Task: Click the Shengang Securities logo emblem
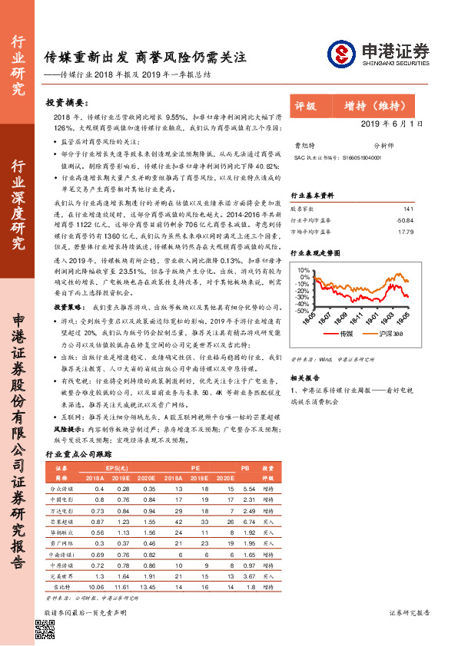pos(340,53)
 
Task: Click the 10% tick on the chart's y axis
pos(303,270)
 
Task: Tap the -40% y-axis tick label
pos(301,307)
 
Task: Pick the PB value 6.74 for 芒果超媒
pos(248,520)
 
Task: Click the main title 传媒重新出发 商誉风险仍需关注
pos(144,58)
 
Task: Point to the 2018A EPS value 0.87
pos(98,520)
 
